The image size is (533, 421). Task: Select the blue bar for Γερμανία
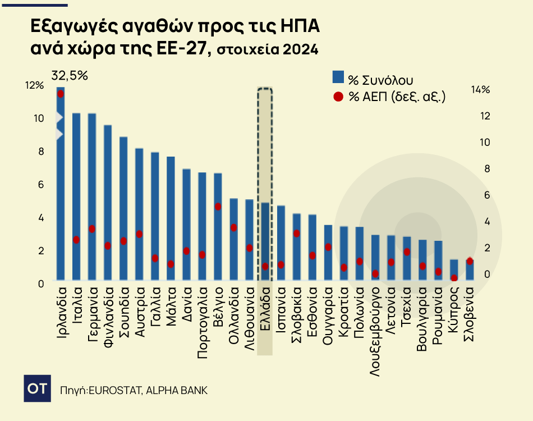tap(92, 196)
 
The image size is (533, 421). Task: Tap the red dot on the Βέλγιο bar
tap(218, 207)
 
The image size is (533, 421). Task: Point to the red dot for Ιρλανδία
tap(61, 94)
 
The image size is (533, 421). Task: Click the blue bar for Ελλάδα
tap(265, 241)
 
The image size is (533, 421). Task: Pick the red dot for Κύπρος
tap(454, 278)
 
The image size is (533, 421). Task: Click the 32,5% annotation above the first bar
tap(70, 75)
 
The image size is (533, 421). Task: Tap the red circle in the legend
tap(338, 97)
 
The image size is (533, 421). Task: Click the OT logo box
tap(37, 388)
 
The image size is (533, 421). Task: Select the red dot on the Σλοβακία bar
tap(297, 234)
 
